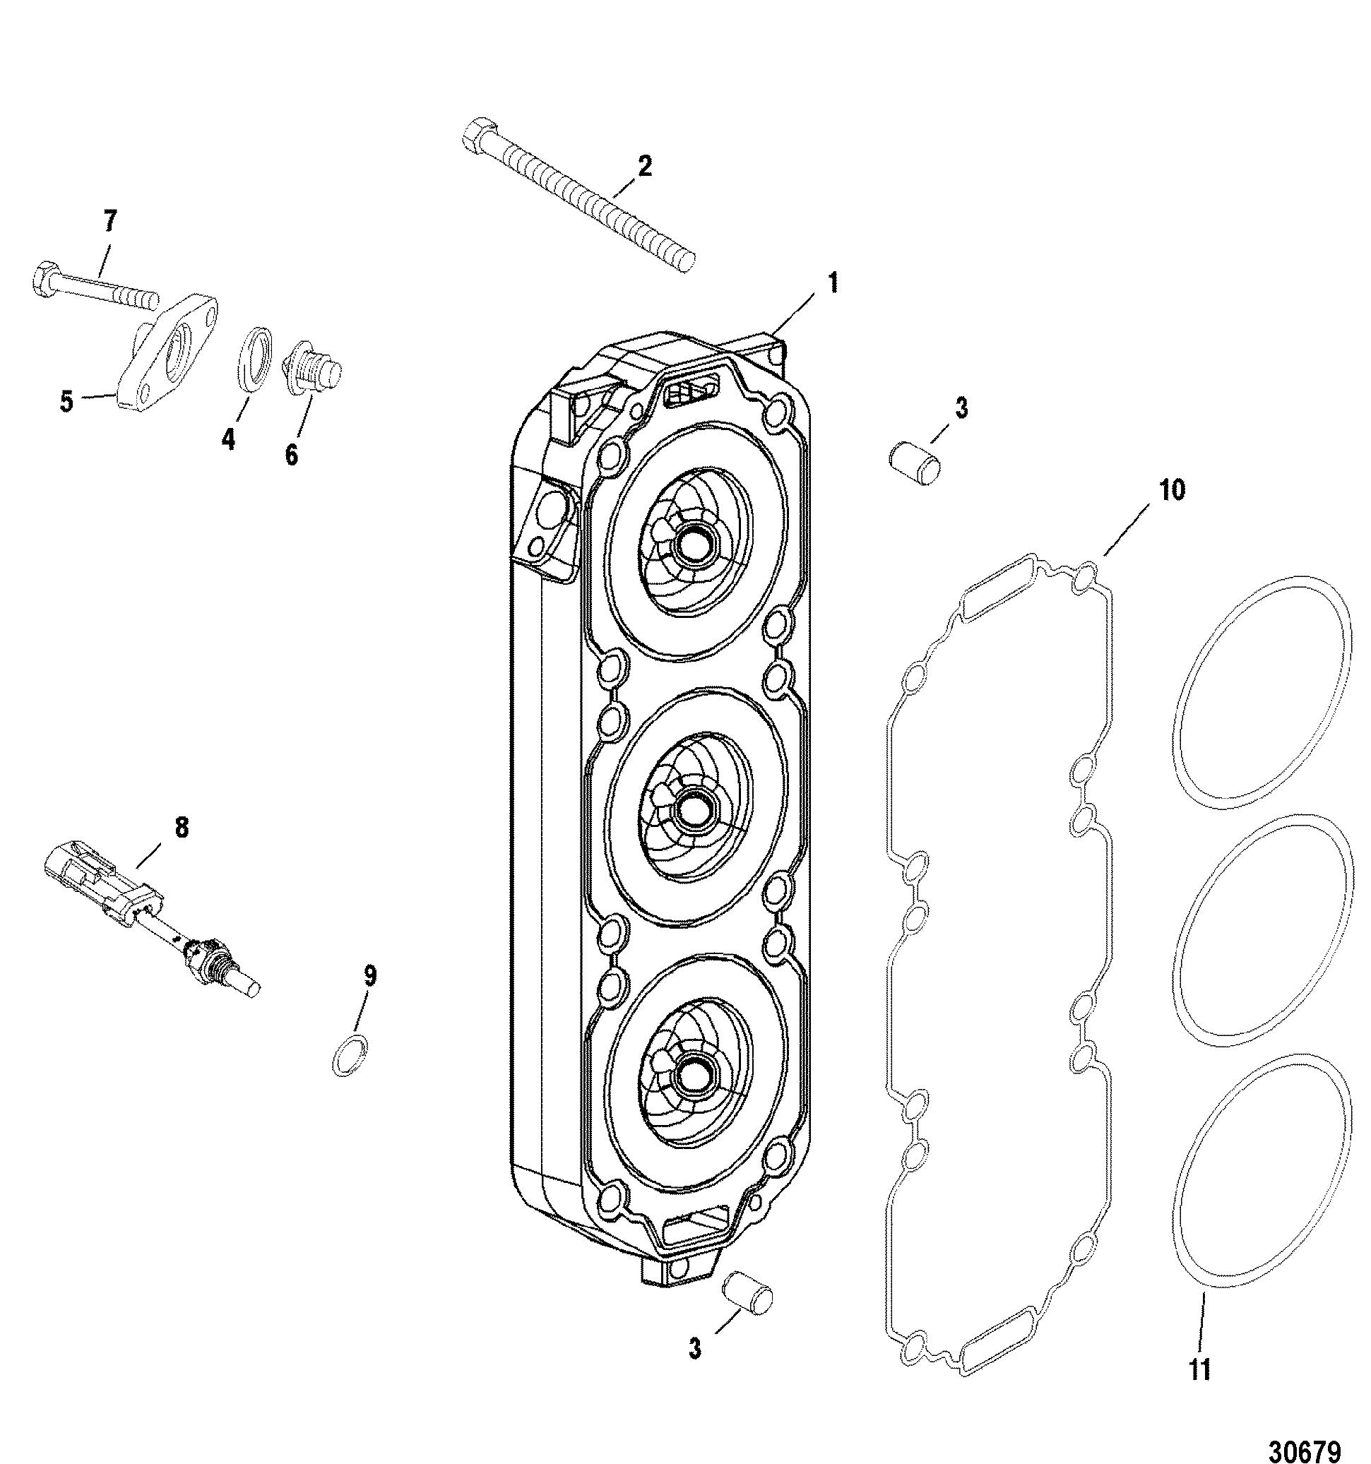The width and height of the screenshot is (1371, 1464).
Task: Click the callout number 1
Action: click(x=832, y=283)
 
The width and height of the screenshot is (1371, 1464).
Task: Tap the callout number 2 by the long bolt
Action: click(x=645, y=167)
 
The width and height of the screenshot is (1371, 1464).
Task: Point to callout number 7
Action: click(x=109, y=222)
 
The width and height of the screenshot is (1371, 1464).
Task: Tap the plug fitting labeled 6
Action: click(x=312, y=372)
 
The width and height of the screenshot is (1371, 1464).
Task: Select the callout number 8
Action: click(x=181, y=828)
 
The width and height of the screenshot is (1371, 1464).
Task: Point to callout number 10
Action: click(x=1172, y=490)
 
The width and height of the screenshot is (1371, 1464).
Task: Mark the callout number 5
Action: click(x=67, y=403)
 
